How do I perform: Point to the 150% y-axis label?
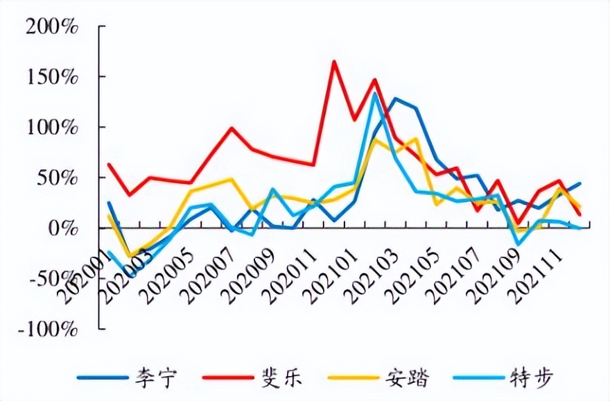(x=52, y=77)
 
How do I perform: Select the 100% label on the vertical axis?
(x=52, y=128)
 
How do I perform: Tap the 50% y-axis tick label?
(x=59, y=178)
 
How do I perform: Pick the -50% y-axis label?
(x=55, y=279)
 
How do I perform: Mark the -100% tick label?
(x=50, y=329)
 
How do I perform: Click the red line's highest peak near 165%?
(x=333, y=62)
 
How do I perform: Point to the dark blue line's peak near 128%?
(x=395, y=99)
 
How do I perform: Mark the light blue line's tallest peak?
(x=374, y=93)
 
